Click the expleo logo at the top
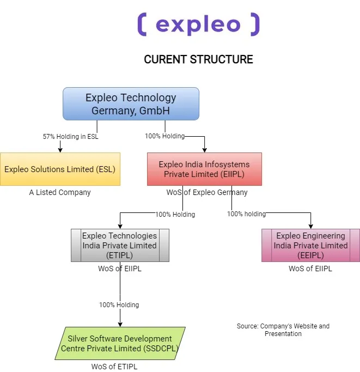(x=198, y=25)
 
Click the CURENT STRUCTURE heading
(x=198, y=59)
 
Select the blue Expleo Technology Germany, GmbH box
(x=131, y=103)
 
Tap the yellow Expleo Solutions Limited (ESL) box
(x=60, y=169)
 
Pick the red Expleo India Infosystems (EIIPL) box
(x=204, y=169)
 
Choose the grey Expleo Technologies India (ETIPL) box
(x=120, y=245)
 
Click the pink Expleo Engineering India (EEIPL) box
(x=310, y=245)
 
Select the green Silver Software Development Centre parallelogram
(x=120, y=343)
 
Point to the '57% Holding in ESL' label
(x=70, y=136)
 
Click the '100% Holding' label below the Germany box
(x=164, y=136)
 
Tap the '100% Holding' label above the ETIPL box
(x=175, y=215)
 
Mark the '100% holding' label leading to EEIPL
(x=246, y=214)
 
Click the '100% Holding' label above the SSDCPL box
(x=119, y=305)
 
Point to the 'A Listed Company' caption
(x=60, y=192)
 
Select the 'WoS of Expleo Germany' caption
(x=207, y=192)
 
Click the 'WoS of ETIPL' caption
(x=114, y=367)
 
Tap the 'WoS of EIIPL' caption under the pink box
(x=310, y=269)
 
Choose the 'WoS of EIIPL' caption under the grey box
(x=120, y=269)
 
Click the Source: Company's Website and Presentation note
(x=283, y=330)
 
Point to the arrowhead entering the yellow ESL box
(x=60, y=150)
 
